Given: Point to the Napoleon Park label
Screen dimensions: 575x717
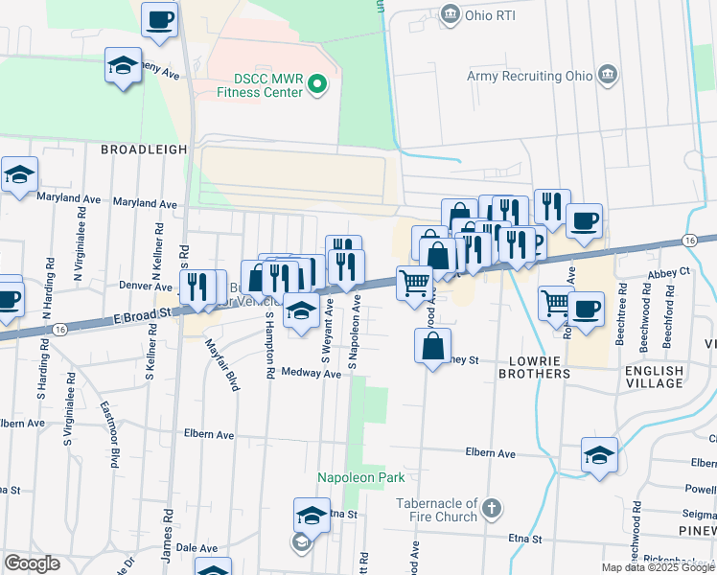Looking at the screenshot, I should click(x=361, y=477).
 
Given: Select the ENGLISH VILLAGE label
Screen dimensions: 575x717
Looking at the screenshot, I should click(x=654, y=378).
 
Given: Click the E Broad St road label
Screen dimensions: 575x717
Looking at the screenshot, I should click(x=141, y=314).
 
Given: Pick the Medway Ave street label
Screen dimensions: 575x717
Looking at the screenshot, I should click(x=312, y=374).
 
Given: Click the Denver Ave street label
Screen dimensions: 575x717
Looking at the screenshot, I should click(x=145, y=286).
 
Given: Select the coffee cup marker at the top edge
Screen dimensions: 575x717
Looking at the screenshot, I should click(x=159, y=19).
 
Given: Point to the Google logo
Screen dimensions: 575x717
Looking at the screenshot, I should click(x=32, y=563).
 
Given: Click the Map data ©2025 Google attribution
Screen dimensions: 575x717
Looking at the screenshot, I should click(x=657, y=567).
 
